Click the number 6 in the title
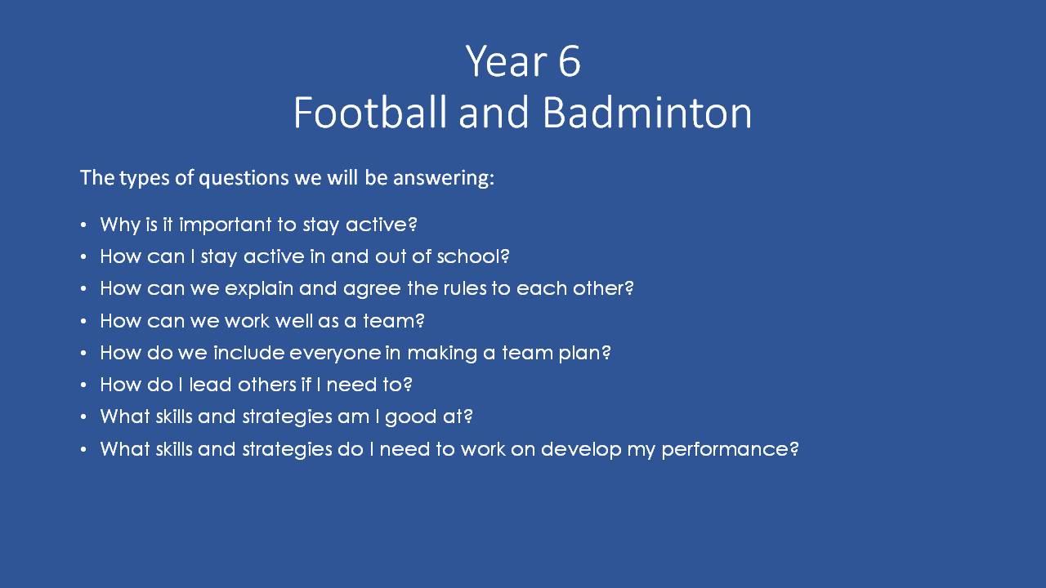pyautogui.click(x=570, y=61)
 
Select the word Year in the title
pyautogui.click(x=507, y=61)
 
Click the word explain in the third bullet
pyautogui.click(x=259, y=289)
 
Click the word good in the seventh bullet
pyautogui.click(x=410, y=417)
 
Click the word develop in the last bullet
pyautogui.click(x=581, y=450)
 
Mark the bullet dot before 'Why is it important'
pyautogui.click(x=83, y=225)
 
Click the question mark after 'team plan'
pyautogui.click(x=606, y=352)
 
